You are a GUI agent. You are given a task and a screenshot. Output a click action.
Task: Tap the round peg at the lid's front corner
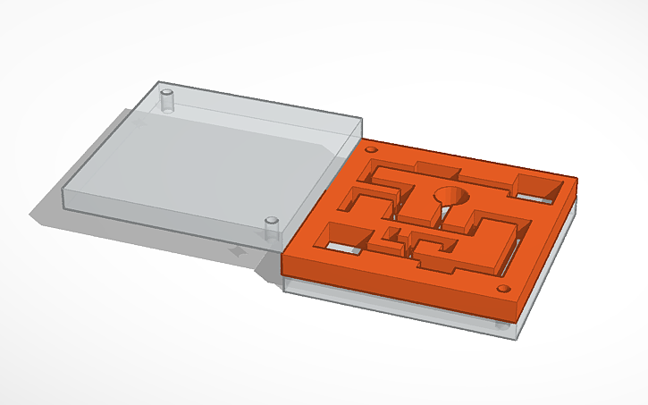pos(271,228)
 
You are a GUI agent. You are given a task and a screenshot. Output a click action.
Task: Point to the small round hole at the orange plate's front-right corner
pos(504,290)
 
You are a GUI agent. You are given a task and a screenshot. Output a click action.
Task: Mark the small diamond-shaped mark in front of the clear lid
pos(238,253)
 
